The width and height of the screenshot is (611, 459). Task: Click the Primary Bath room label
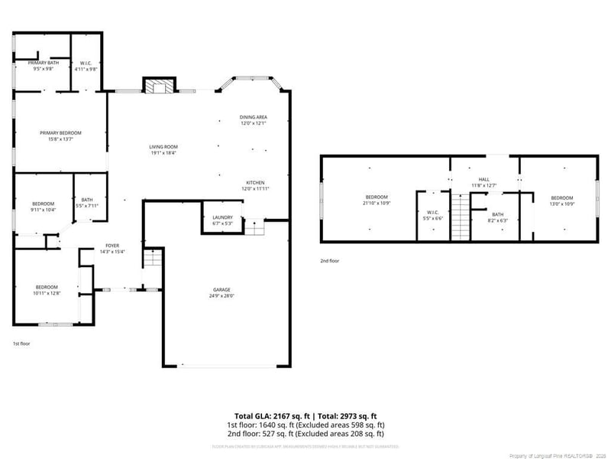(43, 66)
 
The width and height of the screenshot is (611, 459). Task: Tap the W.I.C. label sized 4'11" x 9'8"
(86, 66)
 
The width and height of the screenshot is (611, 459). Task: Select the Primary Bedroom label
(60, 135)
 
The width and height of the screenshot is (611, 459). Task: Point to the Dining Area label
(254, 120)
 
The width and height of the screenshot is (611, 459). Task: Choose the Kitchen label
(255, 185)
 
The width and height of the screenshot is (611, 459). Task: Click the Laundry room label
(222, 220)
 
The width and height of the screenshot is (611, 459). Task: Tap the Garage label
(222, 292)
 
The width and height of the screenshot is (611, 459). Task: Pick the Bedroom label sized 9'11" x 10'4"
(43, 206)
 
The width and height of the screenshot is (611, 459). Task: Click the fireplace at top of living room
(160, 86)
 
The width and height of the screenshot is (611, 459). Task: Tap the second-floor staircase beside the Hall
(459, 217)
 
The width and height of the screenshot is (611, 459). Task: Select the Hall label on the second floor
(483, 182)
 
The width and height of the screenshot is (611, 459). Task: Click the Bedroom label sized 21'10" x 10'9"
(377, 200)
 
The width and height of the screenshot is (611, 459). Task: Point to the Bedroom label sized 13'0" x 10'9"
(561, 200)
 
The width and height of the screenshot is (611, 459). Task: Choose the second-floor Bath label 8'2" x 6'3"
(497, 217)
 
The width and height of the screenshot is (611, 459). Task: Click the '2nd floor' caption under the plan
(330, 261)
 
